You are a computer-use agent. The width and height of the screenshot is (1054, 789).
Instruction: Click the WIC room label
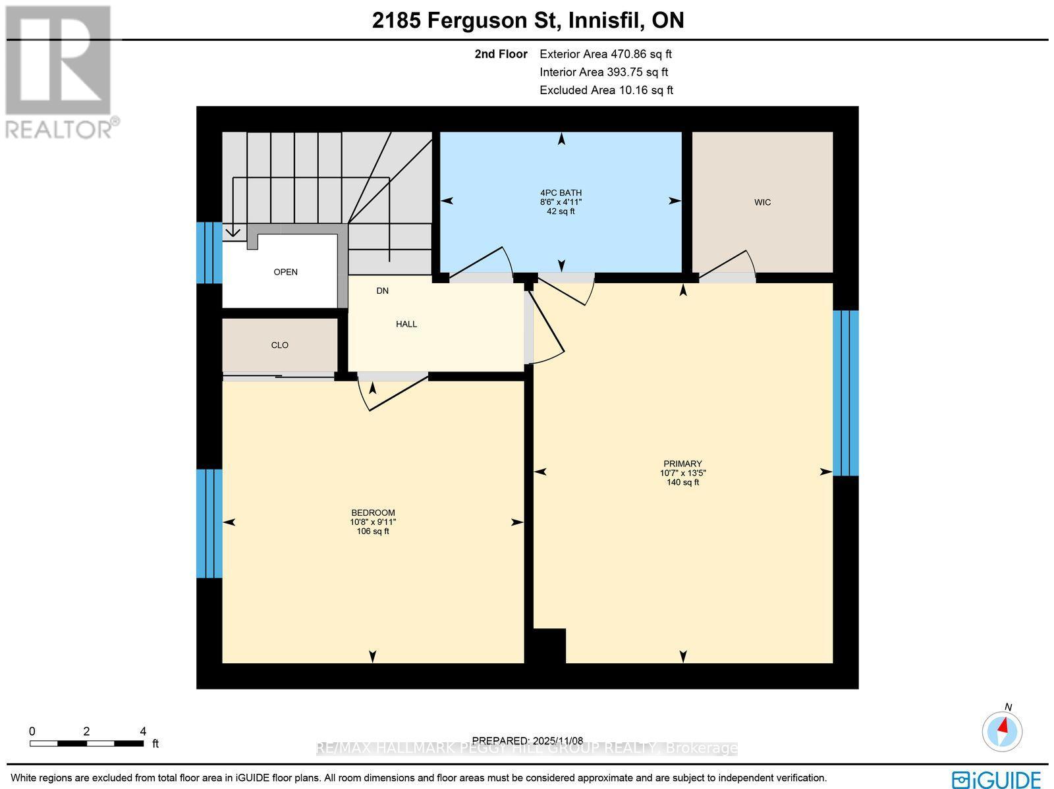[762, 202]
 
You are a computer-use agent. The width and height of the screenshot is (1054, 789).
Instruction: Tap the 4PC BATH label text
[561, 193]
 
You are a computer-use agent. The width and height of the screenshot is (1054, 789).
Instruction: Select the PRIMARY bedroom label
[682, 464]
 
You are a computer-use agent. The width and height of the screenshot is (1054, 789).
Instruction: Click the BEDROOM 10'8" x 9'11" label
[373, 522]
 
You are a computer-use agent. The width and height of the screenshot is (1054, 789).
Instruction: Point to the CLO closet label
[280, 345]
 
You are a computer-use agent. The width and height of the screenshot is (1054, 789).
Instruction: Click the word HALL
[406, 324]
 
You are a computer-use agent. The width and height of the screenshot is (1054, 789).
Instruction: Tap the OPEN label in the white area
[286, 272]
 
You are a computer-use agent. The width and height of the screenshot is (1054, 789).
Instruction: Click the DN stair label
[383, 290]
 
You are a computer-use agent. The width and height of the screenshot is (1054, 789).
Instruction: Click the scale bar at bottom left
[86, 743]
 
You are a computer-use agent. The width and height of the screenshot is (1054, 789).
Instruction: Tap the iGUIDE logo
[997, 778]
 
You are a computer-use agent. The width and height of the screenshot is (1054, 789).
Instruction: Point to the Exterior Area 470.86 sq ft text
[605, 55]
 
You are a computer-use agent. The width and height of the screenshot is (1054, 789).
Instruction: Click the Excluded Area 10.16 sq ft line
[606, 90]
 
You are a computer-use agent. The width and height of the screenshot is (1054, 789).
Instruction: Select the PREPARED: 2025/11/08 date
[528, 740]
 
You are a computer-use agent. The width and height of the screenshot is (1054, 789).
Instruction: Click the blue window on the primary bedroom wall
[846, 393]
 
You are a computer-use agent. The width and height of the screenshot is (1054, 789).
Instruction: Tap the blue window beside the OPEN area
[209, 252]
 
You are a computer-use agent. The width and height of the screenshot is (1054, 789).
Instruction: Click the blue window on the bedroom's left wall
[209, 523]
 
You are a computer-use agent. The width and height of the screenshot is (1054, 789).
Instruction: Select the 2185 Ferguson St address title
[528, 20]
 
